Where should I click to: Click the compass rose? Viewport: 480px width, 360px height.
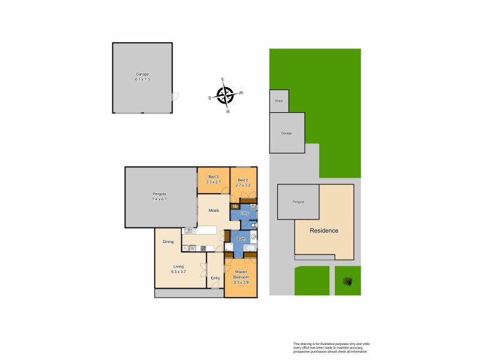point(225,95)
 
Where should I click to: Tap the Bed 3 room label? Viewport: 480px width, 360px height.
point(214,179)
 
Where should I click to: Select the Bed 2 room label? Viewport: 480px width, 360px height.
point(244,182)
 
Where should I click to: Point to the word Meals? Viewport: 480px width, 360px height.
point(214,211)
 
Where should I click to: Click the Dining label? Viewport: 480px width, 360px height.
point(168,242)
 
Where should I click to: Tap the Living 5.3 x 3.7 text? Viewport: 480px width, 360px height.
point(179,269)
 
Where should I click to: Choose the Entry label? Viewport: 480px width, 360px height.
point(215,278)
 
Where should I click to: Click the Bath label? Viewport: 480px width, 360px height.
point(241,239)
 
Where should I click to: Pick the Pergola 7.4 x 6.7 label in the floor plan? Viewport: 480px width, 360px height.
point(159,196)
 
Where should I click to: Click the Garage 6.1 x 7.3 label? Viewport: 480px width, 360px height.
point(142,76)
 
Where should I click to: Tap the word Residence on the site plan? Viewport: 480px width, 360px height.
point(323,230)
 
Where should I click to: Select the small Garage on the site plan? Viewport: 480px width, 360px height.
point(286,133)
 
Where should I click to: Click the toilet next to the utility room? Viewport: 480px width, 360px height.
point(254,226)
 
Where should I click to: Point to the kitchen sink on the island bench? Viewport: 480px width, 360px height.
point(190,230)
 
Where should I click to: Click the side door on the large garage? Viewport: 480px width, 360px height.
point(175,97)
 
